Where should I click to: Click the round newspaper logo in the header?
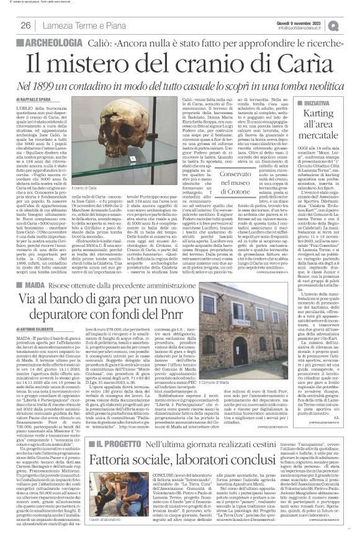[x=351, y=25]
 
